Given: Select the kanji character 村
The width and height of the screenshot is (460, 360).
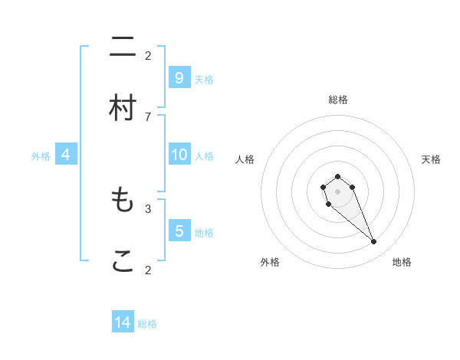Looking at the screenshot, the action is (x=123, y=108).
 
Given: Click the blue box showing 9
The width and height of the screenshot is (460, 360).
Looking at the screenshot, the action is (x=179, y=78).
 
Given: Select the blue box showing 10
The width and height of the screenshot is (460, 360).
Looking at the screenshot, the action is (x=179, y=155).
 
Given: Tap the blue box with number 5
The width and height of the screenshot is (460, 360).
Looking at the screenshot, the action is (x=179, y=231).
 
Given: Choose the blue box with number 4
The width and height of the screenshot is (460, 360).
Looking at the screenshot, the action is (x=66, y=155).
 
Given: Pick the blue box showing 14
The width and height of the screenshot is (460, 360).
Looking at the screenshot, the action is (x=123, y=322).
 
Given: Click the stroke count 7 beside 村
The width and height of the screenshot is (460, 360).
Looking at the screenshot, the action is (x=148, y=116).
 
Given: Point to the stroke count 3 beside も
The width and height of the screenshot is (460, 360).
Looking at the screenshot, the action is (x=148, y=208).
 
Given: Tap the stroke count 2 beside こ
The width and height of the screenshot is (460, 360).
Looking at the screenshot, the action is (x=148, y=269).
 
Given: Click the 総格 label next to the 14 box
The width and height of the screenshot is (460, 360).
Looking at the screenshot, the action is (x=147, y=324).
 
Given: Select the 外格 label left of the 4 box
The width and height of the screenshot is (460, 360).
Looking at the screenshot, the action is (x=41, y=156).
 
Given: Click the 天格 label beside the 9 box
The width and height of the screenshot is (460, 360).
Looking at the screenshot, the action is (x=203, y=80).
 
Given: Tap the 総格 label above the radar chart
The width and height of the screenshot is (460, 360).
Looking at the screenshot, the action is (x=338, y=100).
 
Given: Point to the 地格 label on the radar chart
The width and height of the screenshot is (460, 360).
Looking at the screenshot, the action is (x=402, y=262).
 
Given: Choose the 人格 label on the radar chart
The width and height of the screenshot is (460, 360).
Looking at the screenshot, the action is (x=245, y=159).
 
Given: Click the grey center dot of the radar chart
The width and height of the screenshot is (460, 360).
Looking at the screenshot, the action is (x=337, y=191).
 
